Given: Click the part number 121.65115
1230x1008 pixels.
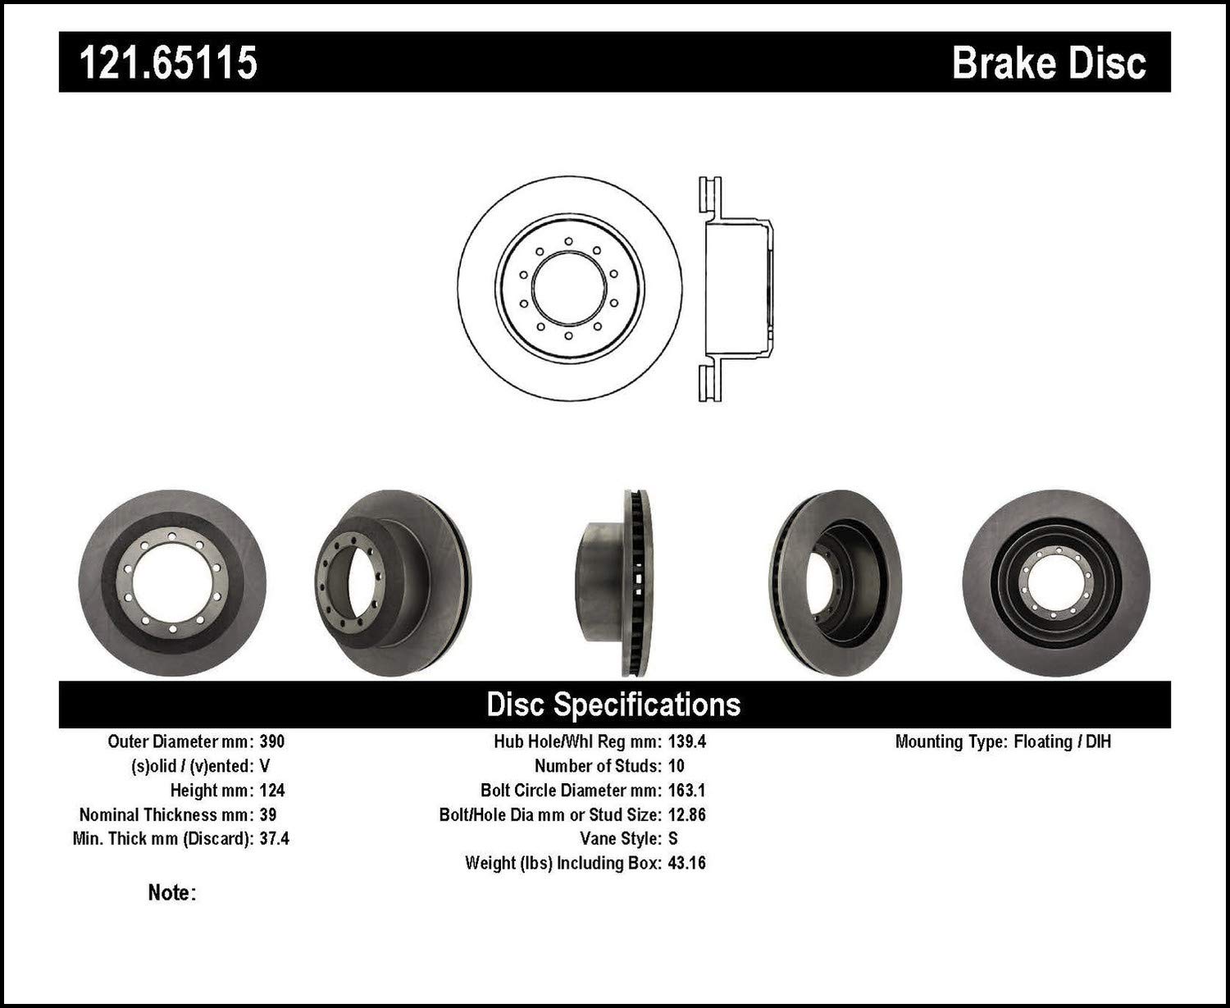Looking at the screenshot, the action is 168,62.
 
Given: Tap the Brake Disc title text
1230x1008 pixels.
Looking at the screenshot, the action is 1049,63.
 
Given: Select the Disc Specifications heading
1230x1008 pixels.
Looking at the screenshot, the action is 613,704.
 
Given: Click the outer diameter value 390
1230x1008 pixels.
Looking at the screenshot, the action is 271,741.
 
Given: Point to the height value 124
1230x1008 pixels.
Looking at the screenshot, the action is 271,791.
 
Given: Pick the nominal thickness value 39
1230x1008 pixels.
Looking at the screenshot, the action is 267,814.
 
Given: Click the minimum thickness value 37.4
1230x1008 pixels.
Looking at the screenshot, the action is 274,839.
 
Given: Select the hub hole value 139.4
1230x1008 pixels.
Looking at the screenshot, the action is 687,741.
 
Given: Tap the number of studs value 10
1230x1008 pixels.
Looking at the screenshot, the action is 676,766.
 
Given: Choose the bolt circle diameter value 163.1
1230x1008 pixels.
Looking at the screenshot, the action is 687,791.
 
